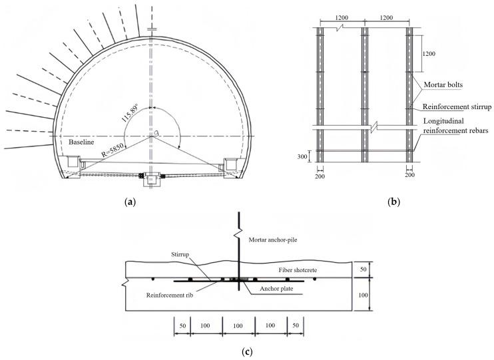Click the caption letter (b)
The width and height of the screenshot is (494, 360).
tap(392, 199)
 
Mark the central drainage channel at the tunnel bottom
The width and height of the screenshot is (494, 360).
tap(152, 178)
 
